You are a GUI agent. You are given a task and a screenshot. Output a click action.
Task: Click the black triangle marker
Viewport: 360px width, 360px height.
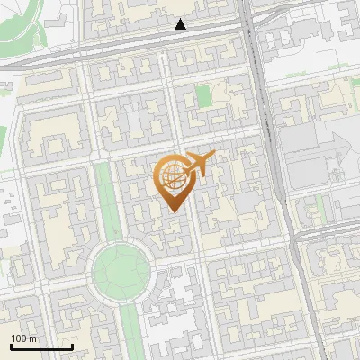point(181,24)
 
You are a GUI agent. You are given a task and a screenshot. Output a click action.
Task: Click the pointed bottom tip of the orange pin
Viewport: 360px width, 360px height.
point(173,211)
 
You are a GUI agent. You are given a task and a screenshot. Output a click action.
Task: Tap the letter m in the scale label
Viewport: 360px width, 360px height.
point(33,338)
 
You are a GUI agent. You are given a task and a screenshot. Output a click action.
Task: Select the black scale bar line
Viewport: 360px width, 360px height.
point(41,347)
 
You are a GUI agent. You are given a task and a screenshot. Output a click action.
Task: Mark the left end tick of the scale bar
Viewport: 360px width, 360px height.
point(12,346)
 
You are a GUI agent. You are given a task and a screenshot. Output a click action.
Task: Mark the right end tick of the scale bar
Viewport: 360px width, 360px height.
point(72,346)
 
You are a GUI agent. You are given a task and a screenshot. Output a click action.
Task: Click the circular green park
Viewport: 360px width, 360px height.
point(120,267)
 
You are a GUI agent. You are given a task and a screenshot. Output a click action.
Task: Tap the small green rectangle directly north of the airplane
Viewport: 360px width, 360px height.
point(203,94)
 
